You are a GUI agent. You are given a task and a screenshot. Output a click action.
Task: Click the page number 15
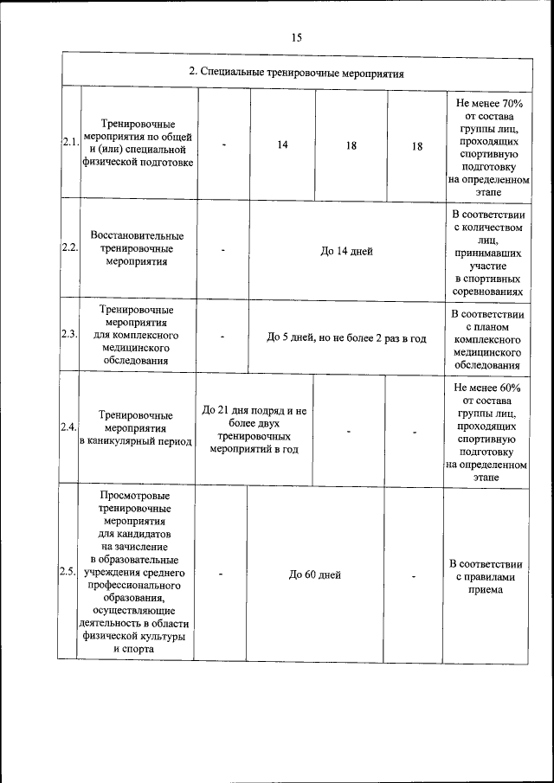tap(296, 37)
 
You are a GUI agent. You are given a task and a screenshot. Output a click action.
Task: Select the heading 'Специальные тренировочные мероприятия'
tap(297, 72)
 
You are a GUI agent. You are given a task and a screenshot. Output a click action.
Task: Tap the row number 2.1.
tap(70, 142)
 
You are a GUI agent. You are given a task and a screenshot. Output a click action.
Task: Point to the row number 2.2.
tap(70, 247)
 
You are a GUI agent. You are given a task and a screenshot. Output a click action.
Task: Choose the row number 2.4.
tap(69, 427)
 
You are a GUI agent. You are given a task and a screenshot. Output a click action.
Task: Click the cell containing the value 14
tap(283, 144)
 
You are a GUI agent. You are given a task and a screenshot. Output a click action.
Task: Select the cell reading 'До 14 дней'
tap(346, 251)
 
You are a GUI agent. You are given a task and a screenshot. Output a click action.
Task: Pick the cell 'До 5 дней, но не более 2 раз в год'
tap(346, 337)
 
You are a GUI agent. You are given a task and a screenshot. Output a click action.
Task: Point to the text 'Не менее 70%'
tap(489, 103)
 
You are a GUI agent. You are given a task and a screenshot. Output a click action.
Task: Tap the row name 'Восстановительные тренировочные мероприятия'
tap(137, 247)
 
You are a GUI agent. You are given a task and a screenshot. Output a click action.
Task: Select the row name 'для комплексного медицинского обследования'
tap(136, 335)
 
